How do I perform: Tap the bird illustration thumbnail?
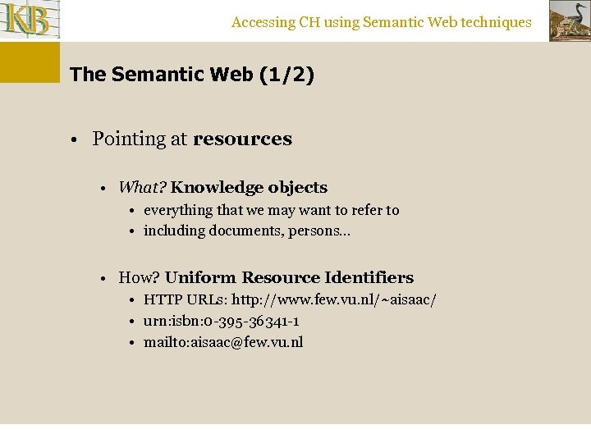click(569, 21)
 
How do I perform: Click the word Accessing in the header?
click(263, 23)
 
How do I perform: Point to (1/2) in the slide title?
click(286, 75)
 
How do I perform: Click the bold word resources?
click(242, 139)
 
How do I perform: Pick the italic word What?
click(142, 188)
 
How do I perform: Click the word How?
click(140, 277)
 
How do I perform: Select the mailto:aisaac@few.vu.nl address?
click(223, 342)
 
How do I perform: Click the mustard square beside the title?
click(30, 62)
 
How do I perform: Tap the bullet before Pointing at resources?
click(74, 139)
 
